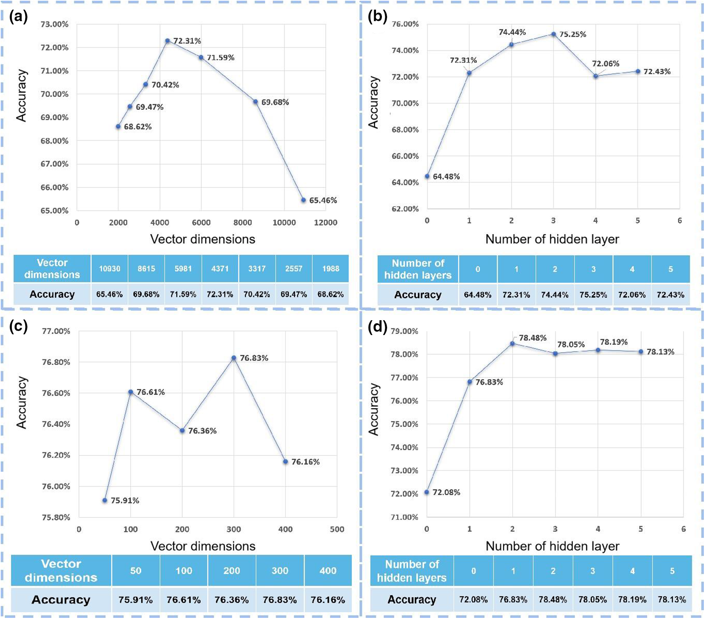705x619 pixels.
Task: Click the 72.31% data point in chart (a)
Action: pos(167,41)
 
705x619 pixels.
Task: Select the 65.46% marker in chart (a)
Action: pos(303,200)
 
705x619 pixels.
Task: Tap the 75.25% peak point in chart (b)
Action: pos(554,34)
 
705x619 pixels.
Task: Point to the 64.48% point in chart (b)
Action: pos(427,176)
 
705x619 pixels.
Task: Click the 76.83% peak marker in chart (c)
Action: pos(234,358)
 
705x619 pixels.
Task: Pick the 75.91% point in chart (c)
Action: pos(105,500)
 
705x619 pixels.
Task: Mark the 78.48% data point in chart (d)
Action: pos(513,344)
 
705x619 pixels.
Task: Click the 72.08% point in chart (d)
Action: pos(427,492)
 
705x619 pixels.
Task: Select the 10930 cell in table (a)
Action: pos(110,269)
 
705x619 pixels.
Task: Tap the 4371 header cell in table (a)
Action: pos(220,269)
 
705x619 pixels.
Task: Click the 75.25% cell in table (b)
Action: pos(593,295)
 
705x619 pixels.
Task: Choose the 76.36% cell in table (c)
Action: pos(232,600)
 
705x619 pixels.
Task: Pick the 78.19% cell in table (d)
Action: pos(632,599)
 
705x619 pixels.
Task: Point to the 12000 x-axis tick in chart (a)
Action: pos(325,222)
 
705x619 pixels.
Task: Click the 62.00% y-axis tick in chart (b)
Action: pos(405,209)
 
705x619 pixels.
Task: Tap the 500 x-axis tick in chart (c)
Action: pos(337,529)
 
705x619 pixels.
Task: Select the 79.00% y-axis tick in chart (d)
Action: pos(404,331)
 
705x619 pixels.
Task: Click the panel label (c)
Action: pos(19,327)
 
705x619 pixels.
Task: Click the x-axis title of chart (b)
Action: pos(552,239)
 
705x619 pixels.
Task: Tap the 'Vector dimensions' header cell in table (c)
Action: pos(61,571)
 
